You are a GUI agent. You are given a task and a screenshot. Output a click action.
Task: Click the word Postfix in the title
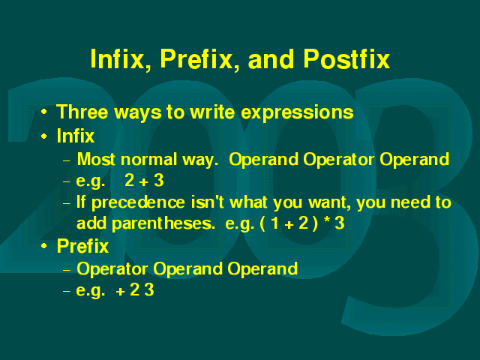click(346, 58)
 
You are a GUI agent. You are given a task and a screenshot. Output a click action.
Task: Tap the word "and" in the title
click(271, 58)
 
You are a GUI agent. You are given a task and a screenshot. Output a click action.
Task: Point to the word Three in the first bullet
click(82, 112)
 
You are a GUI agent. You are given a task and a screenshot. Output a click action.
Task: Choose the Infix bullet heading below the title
click(76, 136)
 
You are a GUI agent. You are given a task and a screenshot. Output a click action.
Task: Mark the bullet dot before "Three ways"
click(44, 112)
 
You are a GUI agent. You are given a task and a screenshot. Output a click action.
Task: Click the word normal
click(148, 160)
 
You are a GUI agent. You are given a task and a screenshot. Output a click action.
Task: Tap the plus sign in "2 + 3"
click(143, 181)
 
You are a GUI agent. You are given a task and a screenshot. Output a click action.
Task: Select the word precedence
click(138, 203)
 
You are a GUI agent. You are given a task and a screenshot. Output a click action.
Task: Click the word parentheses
click(161, 224)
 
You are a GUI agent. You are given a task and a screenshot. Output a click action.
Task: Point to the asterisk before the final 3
click(327, 220)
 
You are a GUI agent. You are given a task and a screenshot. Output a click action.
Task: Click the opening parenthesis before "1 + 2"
click(262, 223)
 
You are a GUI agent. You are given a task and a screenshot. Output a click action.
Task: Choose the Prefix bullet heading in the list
click(82, 246)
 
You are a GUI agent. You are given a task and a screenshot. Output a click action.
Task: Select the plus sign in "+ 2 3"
click(120, 292)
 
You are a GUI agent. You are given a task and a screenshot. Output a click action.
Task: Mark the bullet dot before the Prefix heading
click(44, 246)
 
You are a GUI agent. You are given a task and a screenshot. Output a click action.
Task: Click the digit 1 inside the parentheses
click(274, 223)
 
